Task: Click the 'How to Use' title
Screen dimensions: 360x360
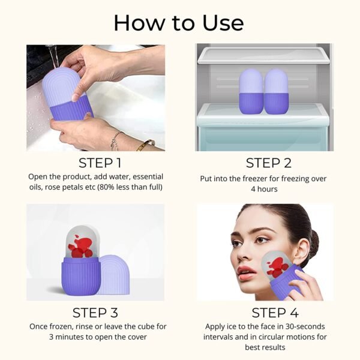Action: tap(179, 22)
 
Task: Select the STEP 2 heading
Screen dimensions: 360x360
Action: tap(264, 163)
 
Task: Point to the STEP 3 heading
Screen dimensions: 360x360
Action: tap(95, 313)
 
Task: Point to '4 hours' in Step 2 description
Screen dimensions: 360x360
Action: tap(264, 189)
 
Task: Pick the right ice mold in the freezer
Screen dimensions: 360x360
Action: tap(276, 90)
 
